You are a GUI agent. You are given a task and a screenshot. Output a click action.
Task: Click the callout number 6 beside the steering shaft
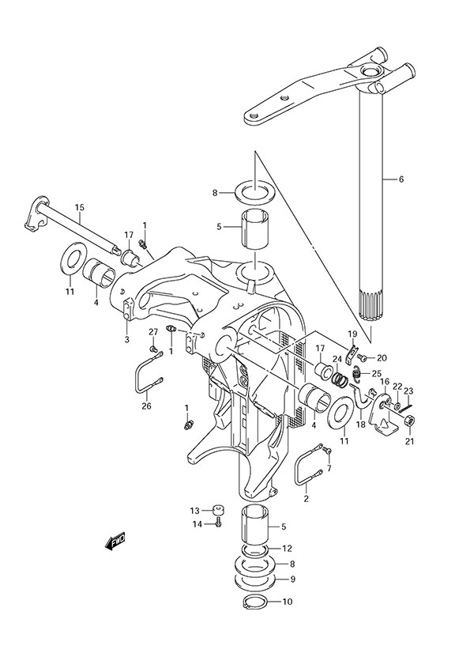pyautogui.click(x=401, y=179)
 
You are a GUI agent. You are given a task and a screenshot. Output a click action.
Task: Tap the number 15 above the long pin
pyautogui.click(x=79, y=208)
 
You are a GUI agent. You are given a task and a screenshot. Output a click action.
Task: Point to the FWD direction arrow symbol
pyautogui.click(x=115, y=542)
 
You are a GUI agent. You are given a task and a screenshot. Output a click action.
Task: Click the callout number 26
pyautogui.click(x=145, y=406)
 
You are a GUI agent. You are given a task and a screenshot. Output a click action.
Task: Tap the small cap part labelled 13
pyautogui.click(x=219, y=510)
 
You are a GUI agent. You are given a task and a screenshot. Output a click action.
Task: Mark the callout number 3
pyautogui.click(x=126, y=339)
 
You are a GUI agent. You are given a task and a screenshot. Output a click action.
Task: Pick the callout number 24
pyautogui.click(x=337, y=358)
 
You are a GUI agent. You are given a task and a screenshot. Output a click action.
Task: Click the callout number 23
pyautogui.click(x=408, y=390)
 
